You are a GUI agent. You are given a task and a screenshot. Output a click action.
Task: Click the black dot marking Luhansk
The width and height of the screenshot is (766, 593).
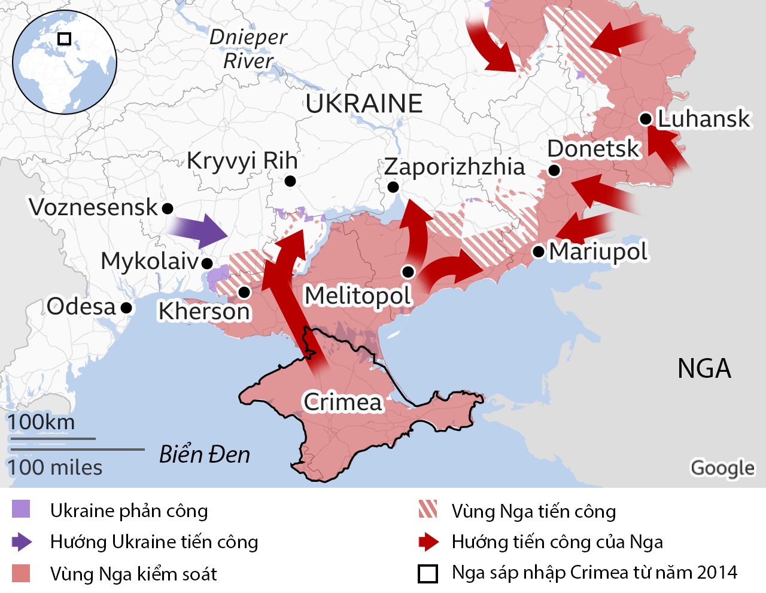[646, 119]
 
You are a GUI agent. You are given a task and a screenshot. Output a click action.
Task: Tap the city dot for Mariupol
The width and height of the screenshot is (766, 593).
[539, 252]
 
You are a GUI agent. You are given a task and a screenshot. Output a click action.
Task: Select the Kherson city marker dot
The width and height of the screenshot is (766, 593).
[244, 292]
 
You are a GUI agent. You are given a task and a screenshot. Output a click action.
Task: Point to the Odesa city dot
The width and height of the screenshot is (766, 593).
[126, 308]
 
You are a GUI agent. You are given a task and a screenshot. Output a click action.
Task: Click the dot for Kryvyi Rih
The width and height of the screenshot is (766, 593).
[290, 181]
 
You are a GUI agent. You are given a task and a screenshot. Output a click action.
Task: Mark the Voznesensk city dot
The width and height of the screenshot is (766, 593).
[168, 208]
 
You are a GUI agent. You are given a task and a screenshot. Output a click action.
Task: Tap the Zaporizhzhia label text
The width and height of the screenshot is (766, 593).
[454, 167]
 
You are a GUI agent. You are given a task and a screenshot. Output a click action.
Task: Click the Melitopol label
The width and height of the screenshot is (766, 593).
[358, 295]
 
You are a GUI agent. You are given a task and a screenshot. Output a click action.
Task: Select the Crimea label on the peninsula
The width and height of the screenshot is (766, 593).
[342, 402]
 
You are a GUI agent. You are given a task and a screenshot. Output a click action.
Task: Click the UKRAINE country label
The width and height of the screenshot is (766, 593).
[364, 103]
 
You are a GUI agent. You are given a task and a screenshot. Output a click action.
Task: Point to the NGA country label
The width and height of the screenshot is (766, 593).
[704, 368]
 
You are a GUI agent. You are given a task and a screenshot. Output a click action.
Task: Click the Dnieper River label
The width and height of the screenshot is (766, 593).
[248, 49]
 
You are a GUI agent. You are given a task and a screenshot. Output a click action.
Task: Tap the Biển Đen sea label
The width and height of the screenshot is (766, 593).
[205, 455]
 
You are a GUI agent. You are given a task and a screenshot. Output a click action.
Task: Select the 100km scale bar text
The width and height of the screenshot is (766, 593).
[41, 422]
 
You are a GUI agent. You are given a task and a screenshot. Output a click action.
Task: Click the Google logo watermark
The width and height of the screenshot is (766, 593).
[722, 467]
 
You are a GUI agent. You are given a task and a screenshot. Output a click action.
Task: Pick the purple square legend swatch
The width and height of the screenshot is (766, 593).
[21, 509]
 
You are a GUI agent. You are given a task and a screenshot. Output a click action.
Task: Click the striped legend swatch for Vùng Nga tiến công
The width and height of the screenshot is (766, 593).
[428, 509]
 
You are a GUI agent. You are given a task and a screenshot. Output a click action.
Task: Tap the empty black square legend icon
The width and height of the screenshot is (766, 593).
[428, 573]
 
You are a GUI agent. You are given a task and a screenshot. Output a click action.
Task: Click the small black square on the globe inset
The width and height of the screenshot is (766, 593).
[64, 39]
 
